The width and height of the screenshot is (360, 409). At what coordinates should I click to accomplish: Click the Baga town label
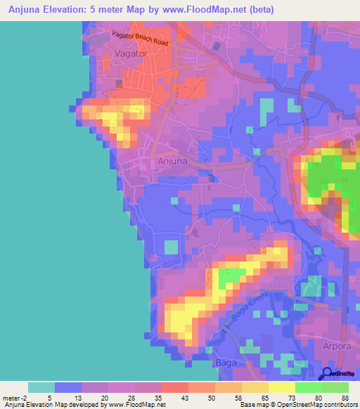225,363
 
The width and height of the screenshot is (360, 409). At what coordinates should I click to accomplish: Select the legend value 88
345,398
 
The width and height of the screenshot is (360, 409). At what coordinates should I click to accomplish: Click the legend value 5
49,398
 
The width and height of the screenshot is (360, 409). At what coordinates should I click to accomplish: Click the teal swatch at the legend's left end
41,387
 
